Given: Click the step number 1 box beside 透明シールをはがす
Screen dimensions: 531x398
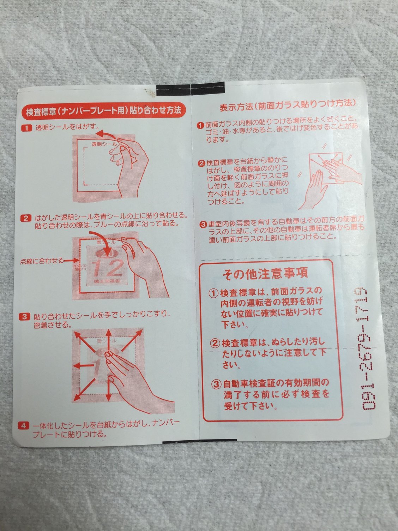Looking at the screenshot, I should [26, 128].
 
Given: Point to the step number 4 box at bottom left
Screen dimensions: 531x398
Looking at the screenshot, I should [24, 425].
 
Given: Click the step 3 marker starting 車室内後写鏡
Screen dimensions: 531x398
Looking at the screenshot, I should [203, 224].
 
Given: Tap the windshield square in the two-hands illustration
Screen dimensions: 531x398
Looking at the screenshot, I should [325, 168].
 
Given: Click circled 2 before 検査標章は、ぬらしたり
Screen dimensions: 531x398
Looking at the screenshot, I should [216, 343].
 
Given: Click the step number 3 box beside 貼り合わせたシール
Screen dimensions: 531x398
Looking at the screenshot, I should [24, 317].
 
